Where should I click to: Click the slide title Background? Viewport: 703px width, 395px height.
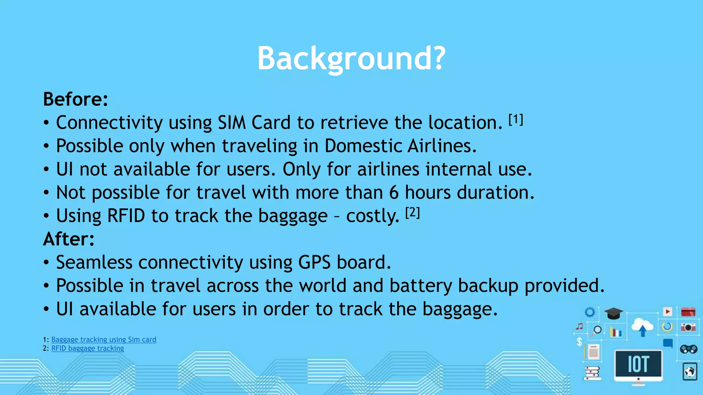tap(351, 58)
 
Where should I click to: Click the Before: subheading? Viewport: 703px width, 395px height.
tap(76, 99)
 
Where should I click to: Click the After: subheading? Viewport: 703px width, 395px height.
tap(69, 239)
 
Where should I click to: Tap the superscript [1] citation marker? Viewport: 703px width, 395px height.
tap(516, 120)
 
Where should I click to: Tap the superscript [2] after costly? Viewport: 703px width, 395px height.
tap(412, 213)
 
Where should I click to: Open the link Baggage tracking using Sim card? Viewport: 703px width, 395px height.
tap(104, 339)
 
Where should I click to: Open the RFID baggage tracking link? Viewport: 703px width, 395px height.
tap(88, 348)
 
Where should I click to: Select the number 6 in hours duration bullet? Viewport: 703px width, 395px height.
tap(394, 193)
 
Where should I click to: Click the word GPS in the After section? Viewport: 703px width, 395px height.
tap(314, 263)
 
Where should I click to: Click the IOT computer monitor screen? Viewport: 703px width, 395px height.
tap(638, 364)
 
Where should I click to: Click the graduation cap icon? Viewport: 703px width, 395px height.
tap(613, 313)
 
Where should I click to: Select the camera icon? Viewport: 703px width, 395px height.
tap(688, 327)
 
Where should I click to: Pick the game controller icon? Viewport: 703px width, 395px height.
tap(689, 349)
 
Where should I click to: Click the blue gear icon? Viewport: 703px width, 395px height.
tap(590, 312)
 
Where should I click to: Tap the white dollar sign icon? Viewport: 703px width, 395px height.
tap(579, 342)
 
